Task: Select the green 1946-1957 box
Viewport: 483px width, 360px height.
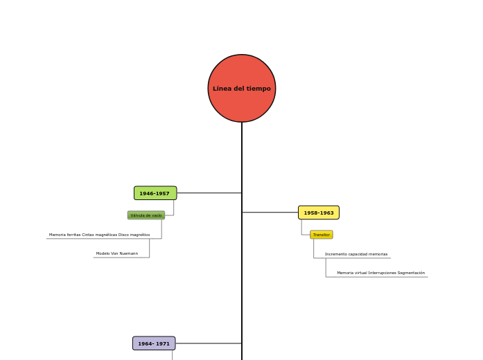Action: click(155, 193)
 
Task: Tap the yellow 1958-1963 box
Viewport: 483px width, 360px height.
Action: click(319, 213)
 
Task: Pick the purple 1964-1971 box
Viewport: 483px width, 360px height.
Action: click(154, 343)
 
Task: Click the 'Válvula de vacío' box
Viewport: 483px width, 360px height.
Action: click(146, 215)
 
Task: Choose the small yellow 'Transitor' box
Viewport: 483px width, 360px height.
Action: click(322, 235)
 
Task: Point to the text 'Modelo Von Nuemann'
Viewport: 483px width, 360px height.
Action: click(117, 253)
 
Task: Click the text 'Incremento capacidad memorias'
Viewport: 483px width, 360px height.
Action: click(356, 254)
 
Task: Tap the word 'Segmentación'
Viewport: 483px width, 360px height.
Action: click(411, 273)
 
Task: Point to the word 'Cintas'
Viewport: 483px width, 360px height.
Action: click(88, 235)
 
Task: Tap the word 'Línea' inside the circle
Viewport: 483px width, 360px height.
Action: click(222, 89)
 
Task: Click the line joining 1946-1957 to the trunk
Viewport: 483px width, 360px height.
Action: click(209, 193)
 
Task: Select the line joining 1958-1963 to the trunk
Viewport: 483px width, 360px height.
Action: click(270, 213)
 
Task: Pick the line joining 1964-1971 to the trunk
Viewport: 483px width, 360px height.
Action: click(208, 343)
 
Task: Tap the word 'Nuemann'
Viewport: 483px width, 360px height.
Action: click(129, 253)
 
